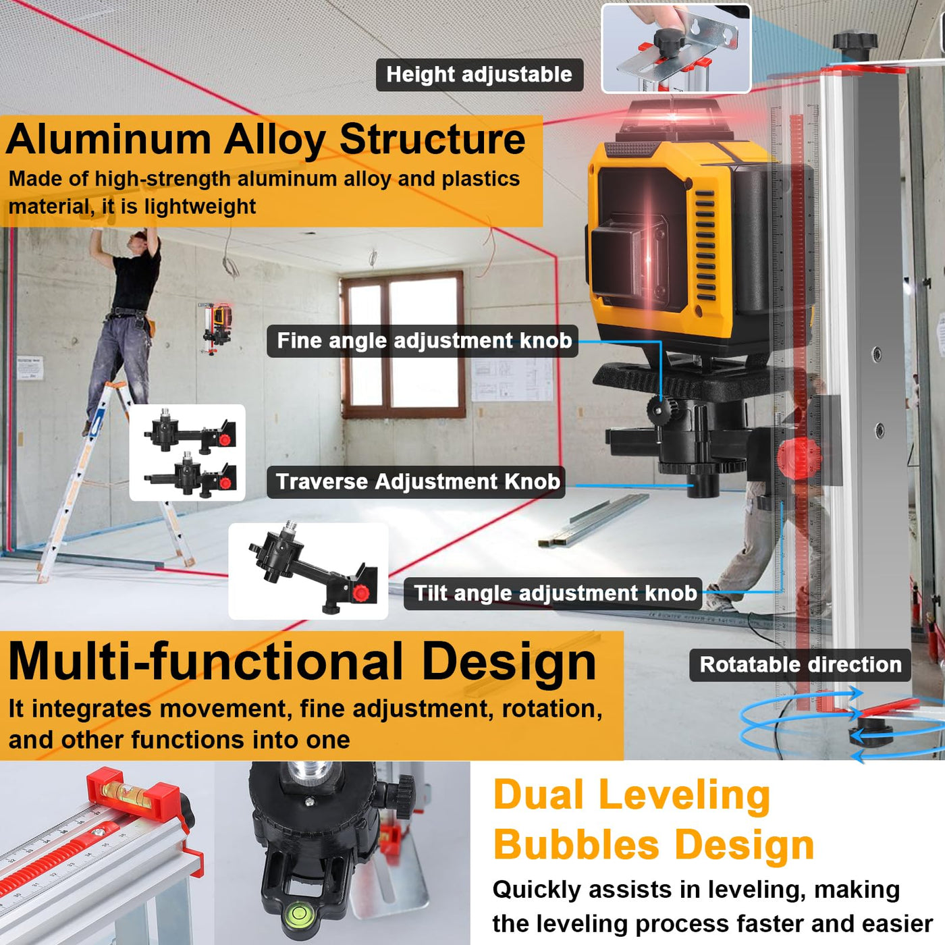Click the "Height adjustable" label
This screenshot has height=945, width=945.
point(479,74)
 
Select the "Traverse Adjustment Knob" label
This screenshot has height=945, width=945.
point(417,481)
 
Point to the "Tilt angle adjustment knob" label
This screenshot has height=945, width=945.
point(554,593)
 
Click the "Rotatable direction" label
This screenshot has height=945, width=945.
point(800,664)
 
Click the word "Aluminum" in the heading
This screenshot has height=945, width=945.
point(109,140)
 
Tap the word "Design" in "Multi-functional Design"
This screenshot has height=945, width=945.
point(508,662)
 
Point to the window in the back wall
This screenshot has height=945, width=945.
point(403,344)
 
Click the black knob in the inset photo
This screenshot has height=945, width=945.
point(670,42)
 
